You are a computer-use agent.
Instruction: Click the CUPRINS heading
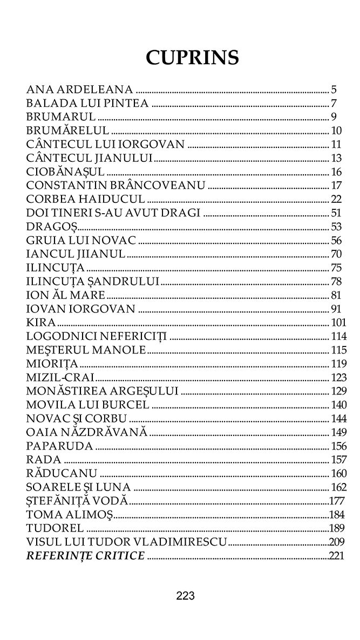pyautogui.click(x=192, y=57)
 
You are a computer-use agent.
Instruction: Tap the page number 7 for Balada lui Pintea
pyautogui.click(x=334, y=104)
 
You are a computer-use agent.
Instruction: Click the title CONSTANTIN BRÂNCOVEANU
pyautogui.click(x=116, y=186)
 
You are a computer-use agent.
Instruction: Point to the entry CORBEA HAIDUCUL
pyautogui.click(x=85, y=199)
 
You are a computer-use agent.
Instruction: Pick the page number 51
pyautogui.click(x=336, y=213)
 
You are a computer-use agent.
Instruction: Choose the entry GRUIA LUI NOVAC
pyautogui.click(x=81, y=240)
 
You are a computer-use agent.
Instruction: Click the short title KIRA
pyautogui.click(x=41, y=322)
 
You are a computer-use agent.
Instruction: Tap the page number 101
pyautogui.click(x=337, y=323)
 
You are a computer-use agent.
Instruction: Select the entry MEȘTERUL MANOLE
pyautogui.click(x=86, y=350)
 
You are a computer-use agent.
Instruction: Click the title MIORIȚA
pyautogui.click(x=52, y=363)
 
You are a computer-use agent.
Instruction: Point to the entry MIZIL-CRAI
pyautogui.click(x=60, y=377)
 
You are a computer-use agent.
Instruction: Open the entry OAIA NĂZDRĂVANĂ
pyautogui.click(x=87, y=432)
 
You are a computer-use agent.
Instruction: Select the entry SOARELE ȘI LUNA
pyautogui.click(x=78, y=487)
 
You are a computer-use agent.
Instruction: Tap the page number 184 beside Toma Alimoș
pyautogui.click(x=336, y=514)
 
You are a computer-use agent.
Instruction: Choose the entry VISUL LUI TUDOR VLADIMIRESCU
pyautogui.click(x=127, y=542)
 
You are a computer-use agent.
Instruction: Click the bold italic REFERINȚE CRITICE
pyautogui.click(x=85, y=556)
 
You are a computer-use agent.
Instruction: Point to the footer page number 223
pyautogui.click(x=185, y=596)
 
